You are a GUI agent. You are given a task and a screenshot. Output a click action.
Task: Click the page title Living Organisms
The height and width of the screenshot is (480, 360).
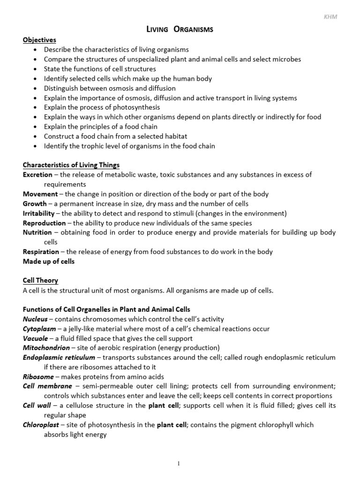click(180, 30)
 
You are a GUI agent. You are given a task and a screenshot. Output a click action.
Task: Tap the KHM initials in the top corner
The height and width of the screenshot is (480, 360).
click(330, 17)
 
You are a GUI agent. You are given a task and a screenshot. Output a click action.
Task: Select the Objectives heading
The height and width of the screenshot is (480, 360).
click(39, 40)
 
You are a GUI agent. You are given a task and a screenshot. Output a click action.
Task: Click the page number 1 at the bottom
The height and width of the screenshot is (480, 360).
click(178, 464)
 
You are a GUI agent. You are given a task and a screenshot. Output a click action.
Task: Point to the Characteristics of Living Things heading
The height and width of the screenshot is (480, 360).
click(71, 165)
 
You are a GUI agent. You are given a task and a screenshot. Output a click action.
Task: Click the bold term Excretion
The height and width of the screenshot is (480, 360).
click(37, 174)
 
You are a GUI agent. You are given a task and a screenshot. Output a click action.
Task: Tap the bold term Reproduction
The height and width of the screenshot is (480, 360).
click(44, 223)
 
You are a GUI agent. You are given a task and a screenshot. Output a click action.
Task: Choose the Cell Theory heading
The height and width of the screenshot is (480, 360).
click(40, 280)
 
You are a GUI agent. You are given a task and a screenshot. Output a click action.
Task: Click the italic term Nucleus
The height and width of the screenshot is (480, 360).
click(35, 319)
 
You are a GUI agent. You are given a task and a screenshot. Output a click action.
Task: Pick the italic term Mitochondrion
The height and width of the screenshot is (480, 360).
click(45, 348)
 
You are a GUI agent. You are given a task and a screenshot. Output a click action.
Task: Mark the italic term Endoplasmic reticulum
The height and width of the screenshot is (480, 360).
click(56, 357)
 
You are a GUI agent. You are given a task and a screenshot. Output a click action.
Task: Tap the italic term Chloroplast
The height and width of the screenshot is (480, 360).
click(41, 425)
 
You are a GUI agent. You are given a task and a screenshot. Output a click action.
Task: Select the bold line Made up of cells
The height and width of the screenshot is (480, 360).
click(49, 261)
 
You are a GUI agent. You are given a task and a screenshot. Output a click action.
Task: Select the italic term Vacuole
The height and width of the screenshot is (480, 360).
click(36, 338)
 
